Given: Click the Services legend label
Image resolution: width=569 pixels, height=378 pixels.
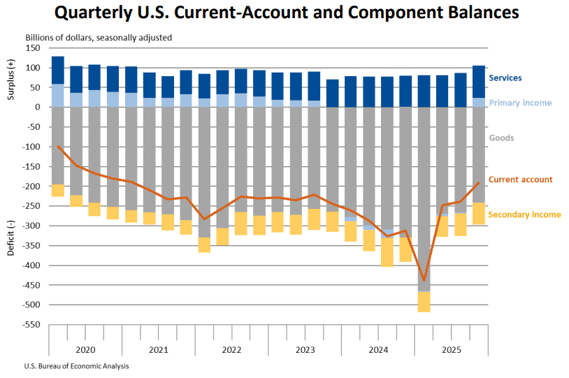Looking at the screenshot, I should [x=505, y=78].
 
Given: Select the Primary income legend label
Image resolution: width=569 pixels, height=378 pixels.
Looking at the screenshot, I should [x=521, y=103].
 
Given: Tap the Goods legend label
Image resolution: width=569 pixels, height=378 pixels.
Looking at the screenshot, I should [x=501, y=138].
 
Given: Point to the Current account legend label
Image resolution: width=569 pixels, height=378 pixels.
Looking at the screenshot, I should [x=520, y=180].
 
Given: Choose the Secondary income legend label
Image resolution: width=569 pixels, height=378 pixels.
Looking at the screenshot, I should [x=524, y=215].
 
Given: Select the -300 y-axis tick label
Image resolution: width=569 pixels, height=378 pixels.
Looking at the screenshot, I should [x=32, y=226].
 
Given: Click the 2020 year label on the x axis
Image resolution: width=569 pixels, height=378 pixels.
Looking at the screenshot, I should [x=85, y=349].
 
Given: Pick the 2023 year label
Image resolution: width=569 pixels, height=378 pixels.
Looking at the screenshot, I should [x=305, y=349].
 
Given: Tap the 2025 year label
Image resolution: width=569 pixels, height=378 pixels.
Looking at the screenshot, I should [x=452, y=349].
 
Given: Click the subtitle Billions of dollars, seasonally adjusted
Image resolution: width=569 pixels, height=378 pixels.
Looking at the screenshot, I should [x=99, y=37].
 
